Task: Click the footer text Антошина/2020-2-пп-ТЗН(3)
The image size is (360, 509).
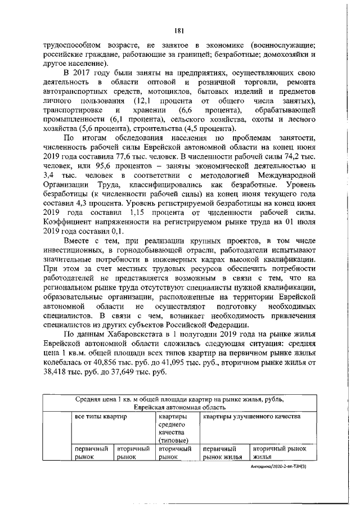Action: pos(281,466)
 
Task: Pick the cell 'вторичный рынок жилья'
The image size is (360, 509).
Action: pos(280,453)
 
